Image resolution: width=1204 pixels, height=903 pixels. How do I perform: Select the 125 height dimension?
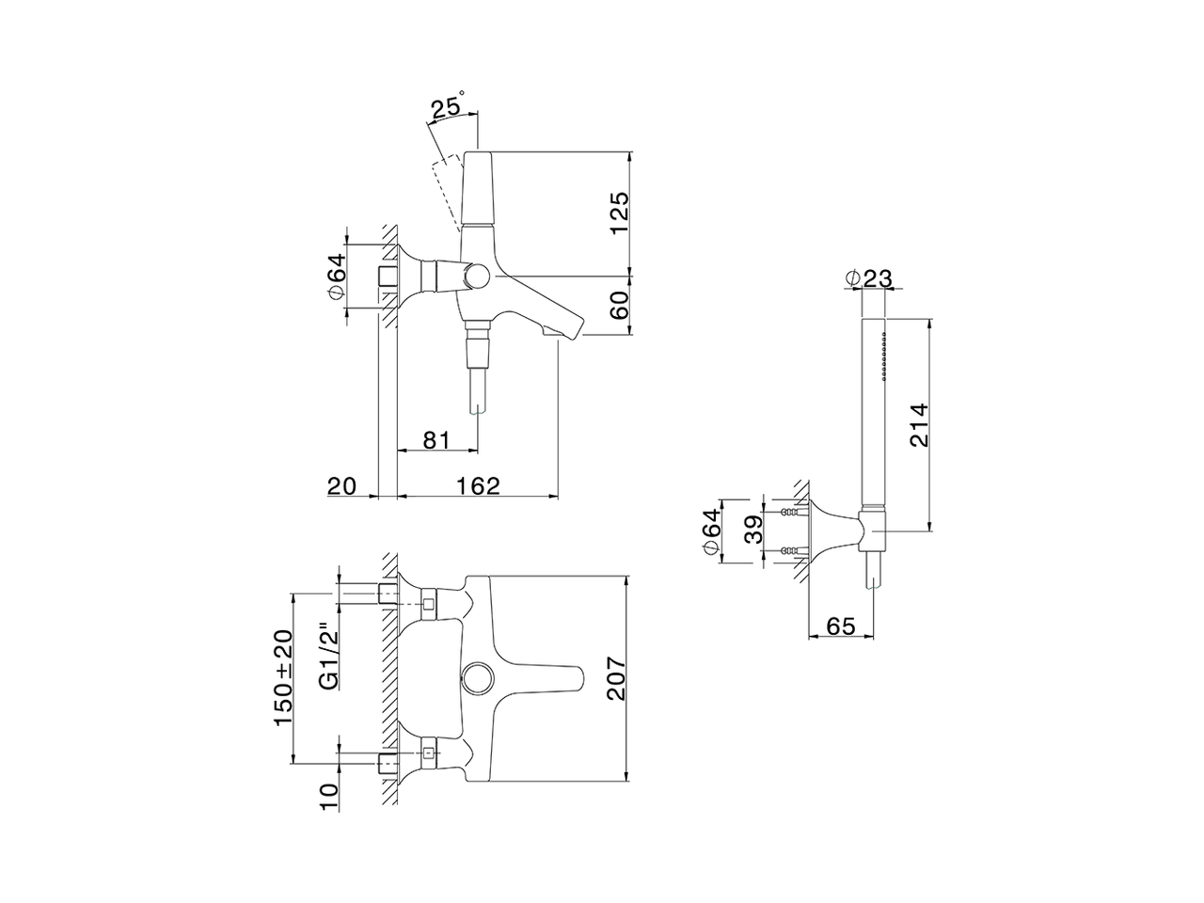coord(619,214)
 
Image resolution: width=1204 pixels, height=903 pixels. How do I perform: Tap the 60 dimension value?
coord(619,306)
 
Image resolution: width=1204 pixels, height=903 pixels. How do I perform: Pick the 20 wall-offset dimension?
coord(342,485)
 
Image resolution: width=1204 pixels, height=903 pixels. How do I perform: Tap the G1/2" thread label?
coord(327,657)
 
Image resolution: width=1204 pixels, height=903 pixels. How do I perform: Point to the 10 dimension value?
coord(328,796)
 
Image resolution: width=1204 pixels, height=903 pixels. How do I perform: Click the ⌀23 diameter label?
coord(867,278)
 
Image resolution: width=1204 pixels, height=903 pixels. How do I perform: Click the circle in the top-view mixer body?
coord(478,676)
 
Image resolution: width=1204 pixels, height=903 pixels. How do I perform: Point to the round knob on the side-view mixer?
coord(478,276)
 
